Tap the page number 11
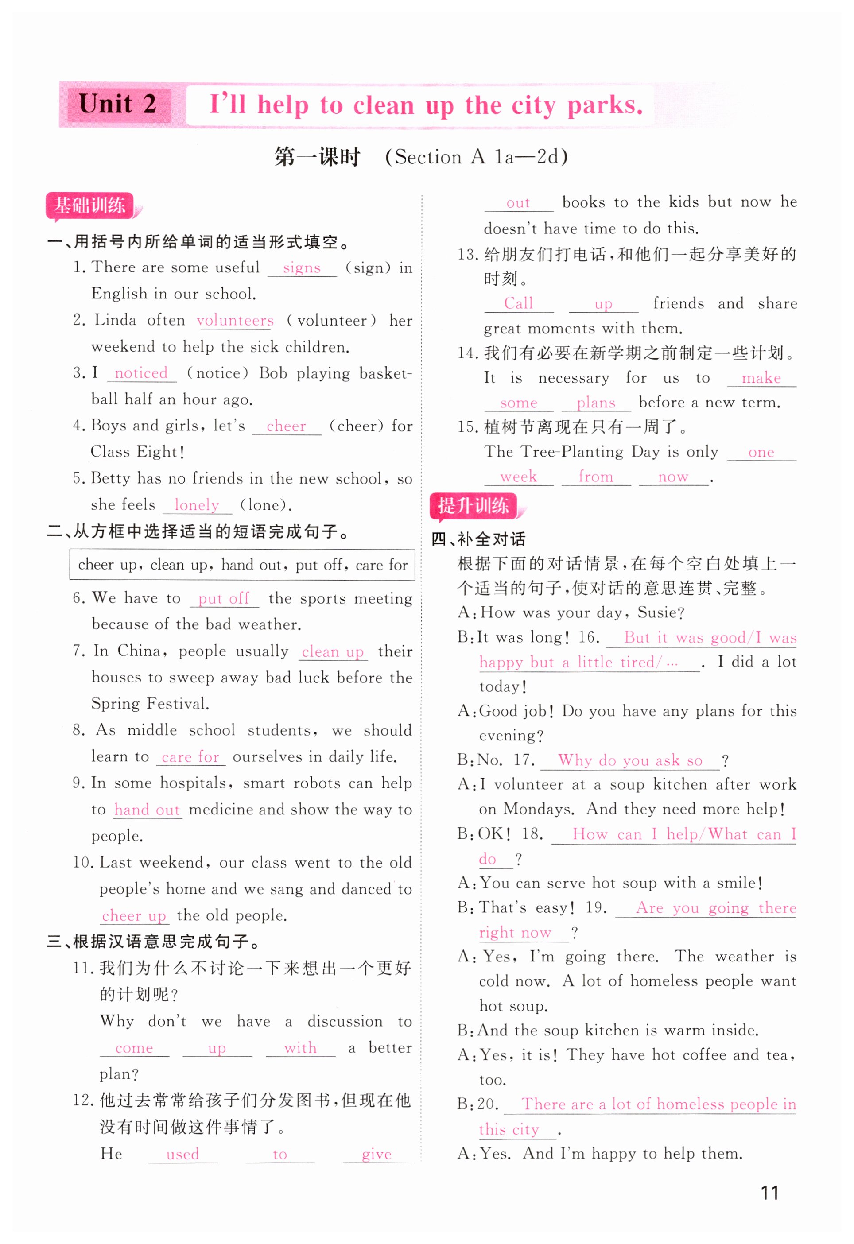point(769,1193)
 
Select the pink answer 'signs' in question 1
point(302,267)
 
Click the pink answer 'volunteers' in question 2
point(235,321)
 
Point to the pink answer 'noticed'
point(141,373)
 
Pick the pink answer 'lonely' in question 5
point(197,505)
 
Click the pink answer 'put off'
point(224,598)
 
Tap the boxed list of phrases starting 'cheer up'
point(242,565)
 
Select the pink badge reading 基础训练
point(89,205)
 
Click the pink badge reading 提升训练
point(474,506)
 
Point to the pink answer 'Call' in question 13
point(518,303)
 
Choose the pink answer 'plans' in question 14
point(596,403)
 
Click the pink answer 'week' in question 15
point(518,477)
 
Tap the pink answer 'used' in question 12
point(182,1154)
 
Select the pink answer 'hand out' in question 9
point(147,810)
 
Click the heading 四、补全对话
point(479,539)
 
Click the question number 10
point(84,863)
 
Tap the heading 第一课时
point(317,157)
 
